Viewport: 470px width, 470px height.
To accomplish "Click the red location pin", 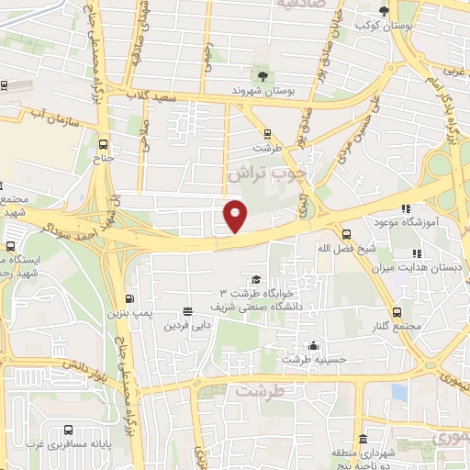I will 236,216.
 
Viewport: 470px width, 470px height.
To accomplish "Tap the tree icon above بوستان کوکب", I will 384,10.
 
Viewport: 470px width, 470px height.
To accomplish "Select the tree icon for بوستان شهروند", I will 264,73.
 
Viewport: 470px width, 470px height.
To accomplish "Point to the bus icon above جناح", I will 102,144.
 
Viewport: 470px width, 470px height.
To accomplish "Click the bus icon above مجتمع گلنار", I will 397,312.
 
